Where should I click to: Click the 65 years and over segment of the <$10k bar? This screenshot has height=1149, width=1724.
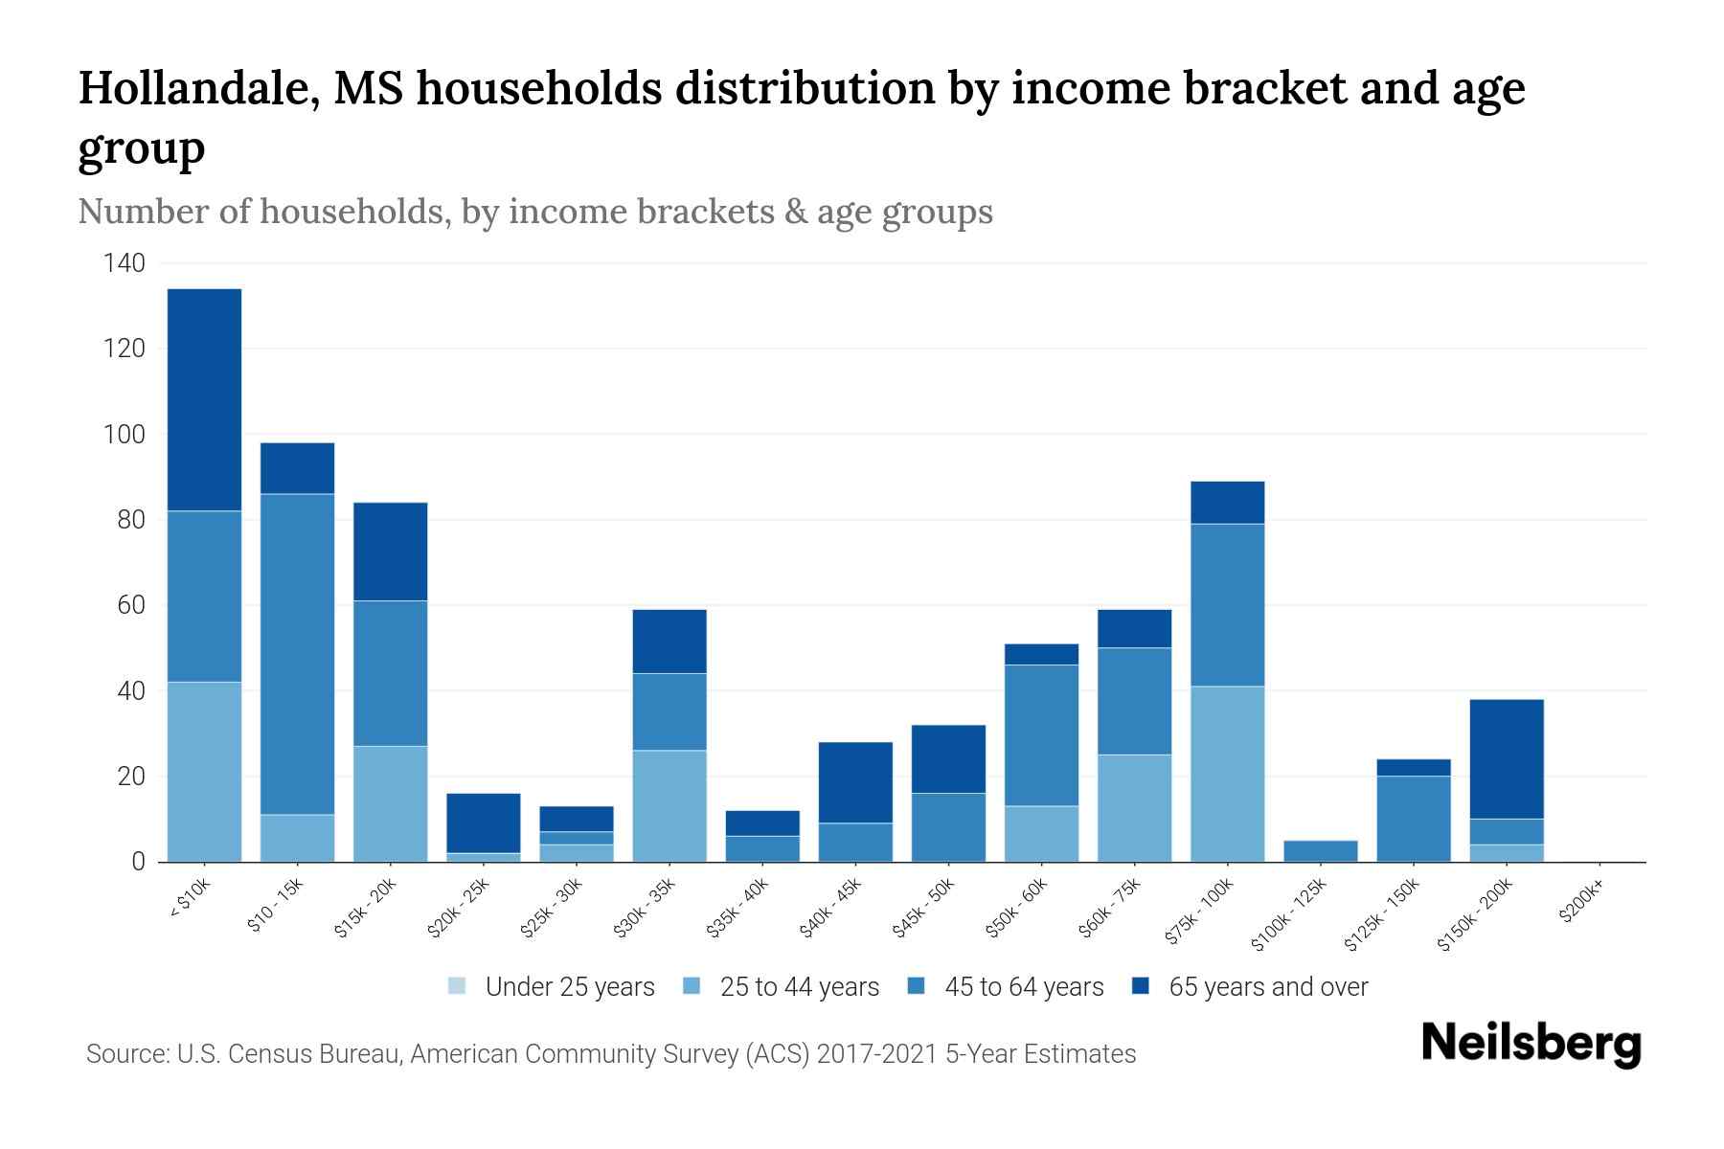[204, 399]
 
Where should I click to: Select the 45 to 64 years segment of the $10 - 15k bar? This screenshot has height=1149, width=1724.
[297, 654]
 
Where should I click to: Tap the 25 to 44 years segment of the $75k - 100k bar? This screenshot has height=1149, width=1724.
[1227, 774]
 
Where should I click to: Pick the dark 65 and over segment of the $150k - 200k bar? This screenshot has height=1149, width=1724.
[1507, 758]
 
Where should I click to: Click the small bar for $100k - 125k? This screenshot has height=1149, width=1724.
[1320, 851]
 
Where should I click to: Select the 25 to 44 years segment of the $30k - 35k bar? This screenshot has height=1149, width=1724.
[669, 805]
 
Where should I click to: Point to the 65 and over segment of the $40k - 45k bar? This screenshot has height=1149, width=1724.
[855, 782]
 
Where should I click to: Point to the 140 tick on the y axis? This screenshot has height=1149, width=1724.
[125, 263]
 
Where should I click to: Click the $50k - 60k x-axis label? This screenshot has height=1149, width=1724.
[1017, 908]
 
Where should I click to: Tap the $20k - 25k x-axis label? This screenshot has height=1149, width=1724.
[459, 908]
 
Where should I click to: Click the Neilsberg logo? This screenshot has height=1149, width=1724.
[1531, 1044]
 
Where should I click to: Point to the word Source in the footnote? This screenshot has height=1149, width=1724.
[125, 1054]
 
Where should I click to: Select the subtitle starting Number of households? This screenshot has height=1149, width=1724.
[534, 212]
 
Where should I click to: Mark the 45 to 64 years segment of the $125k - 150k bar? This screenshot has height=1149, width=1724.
[1413, 819]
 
